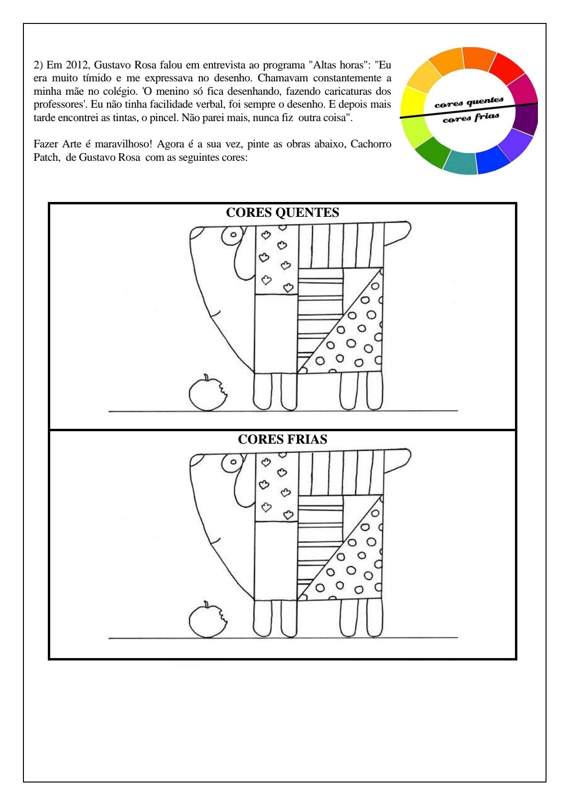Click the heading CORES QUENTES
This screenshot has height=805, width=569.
pos(282,212)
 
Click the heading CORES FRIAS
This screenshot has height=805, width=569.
pos(282,439)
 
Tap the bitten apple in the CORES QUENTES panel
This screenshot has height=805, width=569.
pos(208,393)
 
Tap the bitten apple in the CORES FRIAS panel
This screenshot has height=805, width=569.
pos(208,620)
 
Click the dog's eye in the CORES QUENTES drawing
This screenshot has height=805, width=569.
pos(233,235)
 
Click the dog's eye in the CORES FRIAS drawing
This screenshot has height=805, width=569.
pos(233,462)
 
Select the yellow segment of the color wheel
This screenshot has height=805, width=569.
pos(413,102)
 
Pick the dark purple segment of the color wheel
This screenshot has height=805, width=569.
pos(525,119)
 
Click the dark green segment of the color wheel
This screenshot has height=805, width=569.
pos(433,152)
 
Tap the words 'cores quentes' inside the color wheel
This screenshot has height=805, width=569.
pos(469,102)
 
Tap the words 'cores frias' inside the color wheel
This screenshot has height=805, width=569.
pos(471,118)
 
